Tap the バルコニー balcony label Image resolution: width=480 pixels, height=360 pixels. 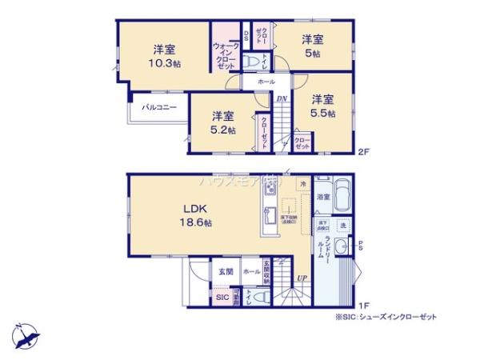click(160, 106)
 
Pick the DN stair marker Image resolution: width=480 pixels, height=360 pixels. click(282, 99)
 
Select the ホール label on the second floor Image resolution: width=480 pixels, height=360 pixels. click(266, 82)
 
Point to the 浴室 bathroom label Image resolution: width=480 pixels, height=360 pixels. click(324, 196)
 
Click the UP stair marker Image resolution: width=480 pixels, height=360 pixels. click(301, 278)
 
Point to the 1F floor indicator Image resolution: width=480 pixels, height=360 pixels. click(362, 305)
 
